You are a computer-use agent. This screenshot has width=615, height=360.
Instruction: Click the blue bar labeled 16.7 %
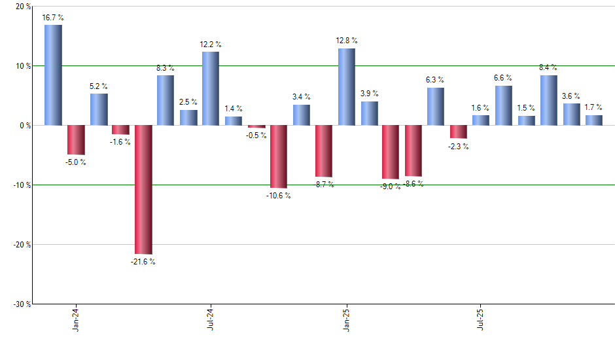click(53, 75)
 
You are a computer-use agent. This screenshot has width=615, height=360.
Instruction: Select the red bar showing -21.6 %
click(143, 189)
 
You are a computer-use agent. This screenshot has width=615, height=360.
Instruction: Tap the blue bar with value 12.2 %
click(211, 88)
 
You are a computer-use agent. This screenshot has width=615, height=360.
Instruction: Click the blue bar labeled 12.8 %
click(346, 86)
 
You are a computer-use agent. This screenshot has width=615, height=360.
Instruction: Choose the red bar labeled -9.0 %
click(391, 152)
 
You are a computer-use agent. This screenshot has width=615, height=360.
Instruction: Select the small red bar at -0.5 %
click(256, 126)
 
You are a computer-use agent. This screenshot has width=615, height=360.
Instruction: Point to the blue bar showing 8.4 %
click(549, 99)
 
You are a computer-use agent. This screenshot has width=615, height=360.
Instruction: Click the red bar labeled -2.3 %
click(459, 132)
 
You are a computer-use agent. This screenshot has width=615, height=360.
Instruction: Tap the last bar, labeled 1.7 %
click(593, 120)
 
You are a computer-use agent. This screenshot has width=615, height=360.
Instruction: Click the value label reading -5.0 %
click(75, 162)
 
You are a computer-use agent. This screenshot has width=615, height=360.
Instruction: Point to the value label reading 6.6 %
click(503, 79)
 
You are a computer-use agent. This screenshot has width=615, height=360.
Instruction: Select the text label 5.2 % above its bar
click(99, 86)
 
